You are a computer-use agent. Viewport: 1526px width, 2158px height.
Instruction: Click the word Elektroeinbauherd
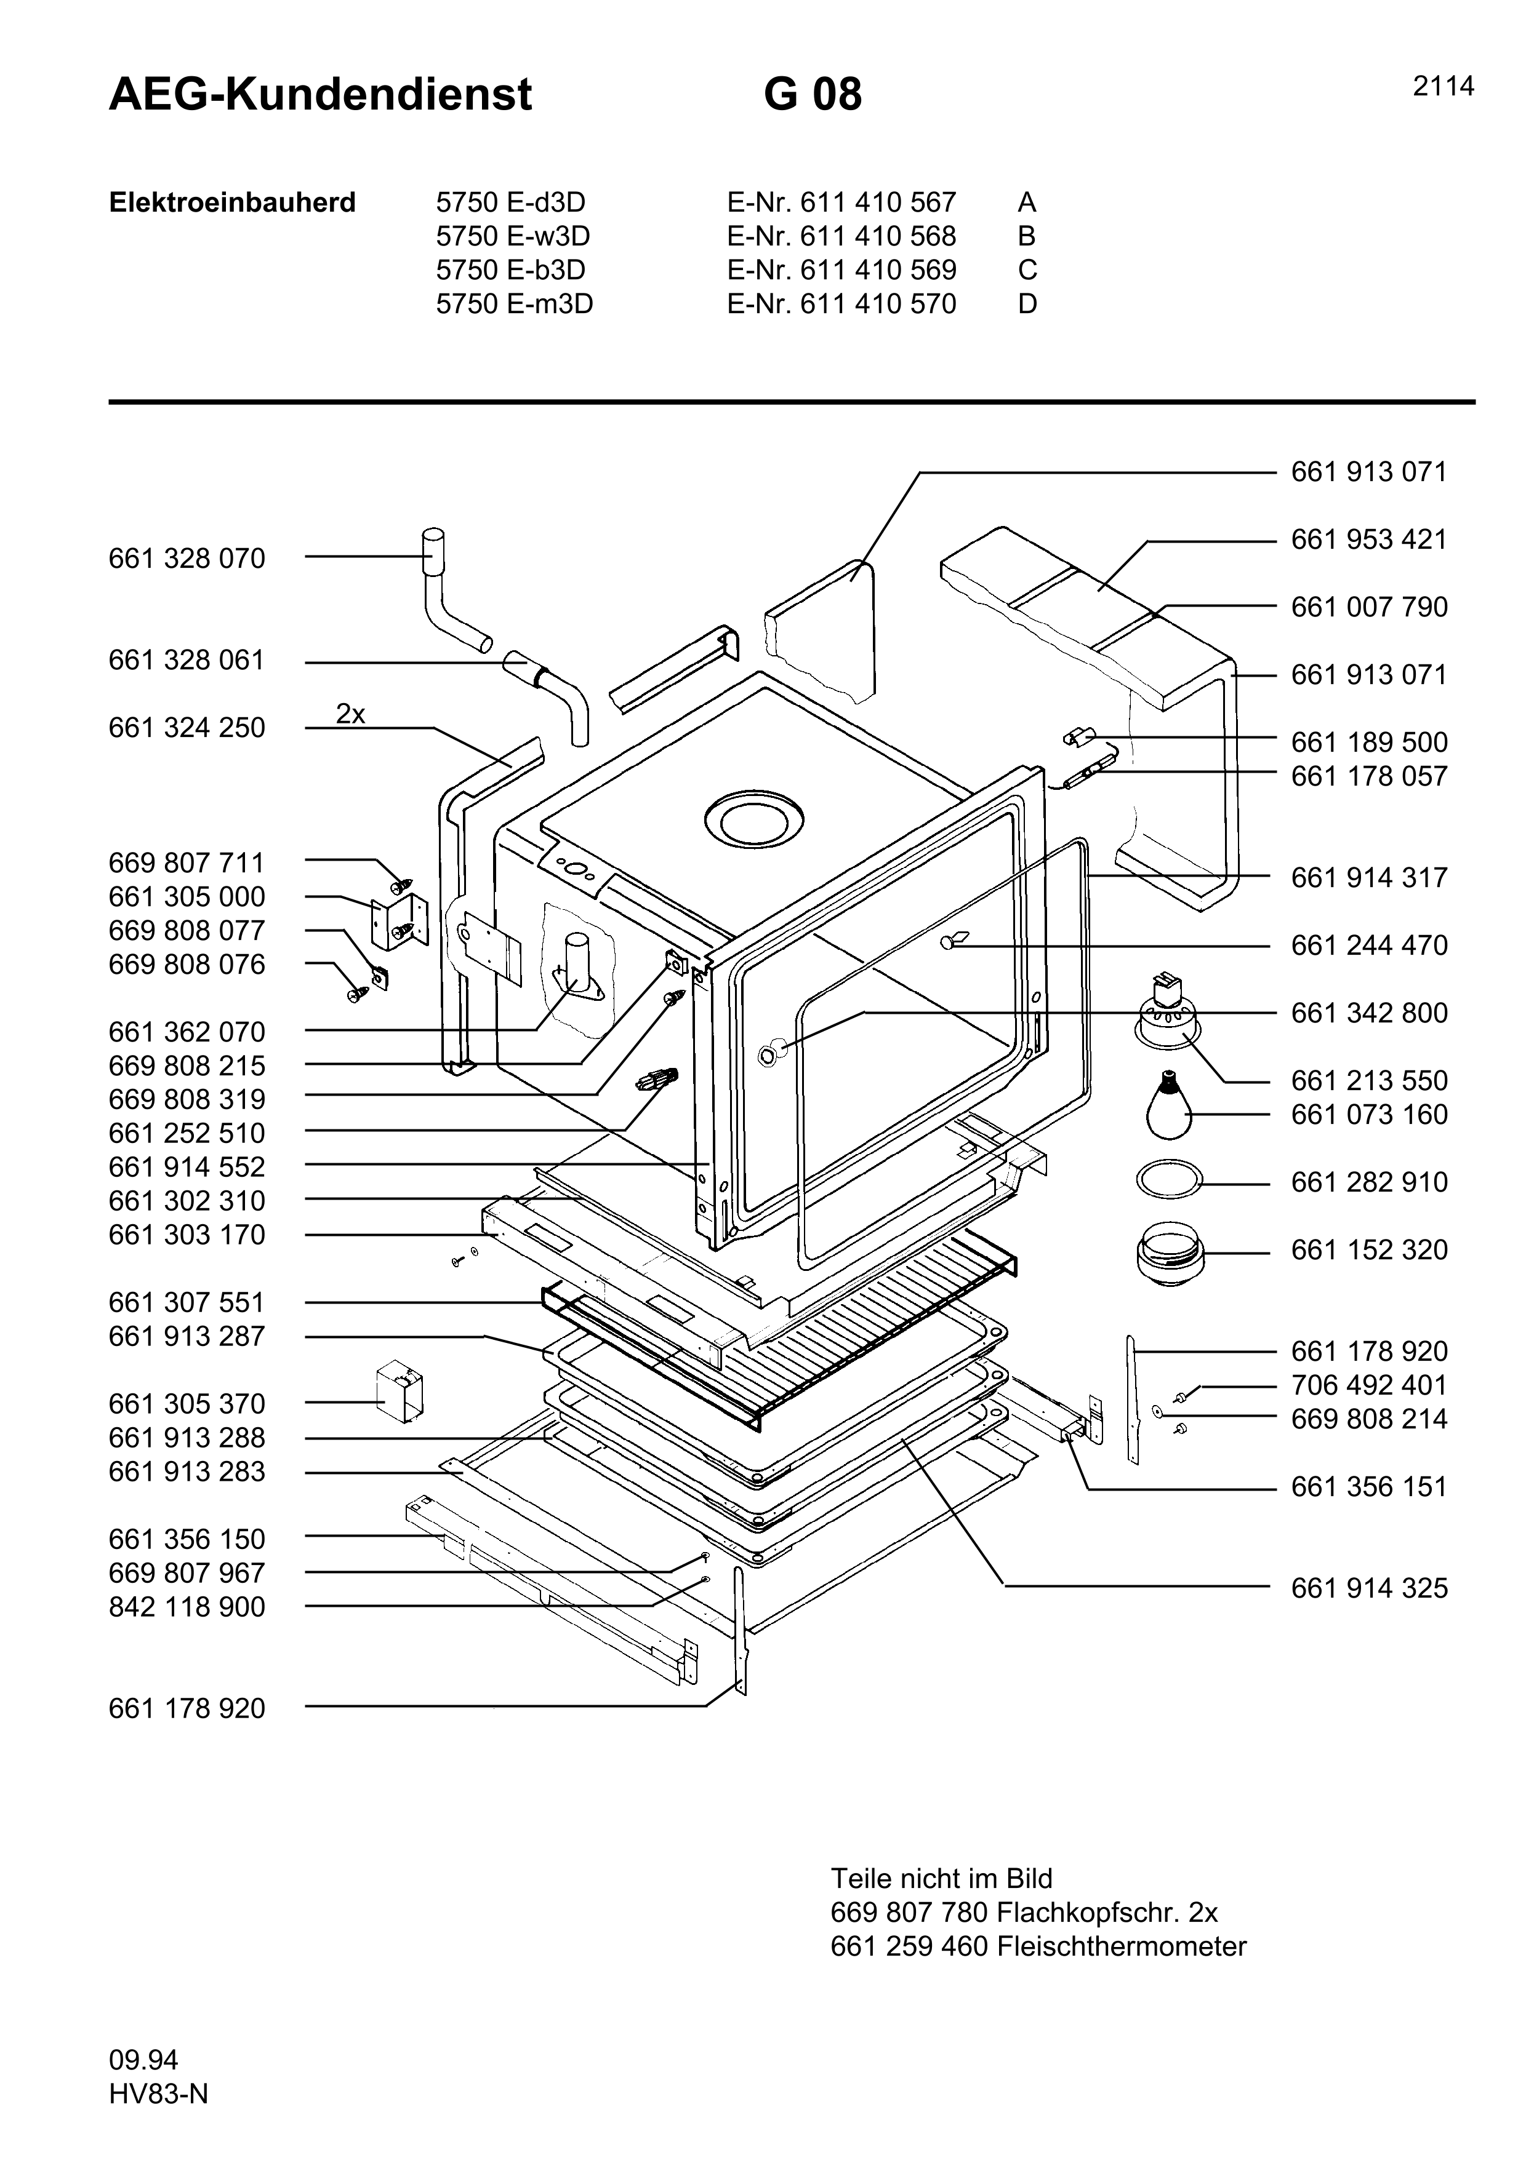[x=232, y=203]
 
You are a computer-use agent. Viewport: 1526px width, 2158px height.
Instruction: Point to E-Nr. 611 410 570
[x=841, y=304]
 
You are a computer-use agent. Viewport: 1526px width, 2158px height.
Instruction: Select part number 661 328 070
[x=187, y=559]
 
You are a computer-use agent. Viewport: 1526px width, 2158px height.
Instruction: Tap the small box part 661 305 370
[x=400, y=1394]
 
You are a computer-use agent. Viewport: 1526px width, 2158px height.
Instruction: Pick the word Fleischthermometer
[x=1121, y=1946]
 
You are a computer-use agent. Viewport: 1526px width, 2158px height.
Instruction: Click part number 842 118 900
[x=187, y=1607]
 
